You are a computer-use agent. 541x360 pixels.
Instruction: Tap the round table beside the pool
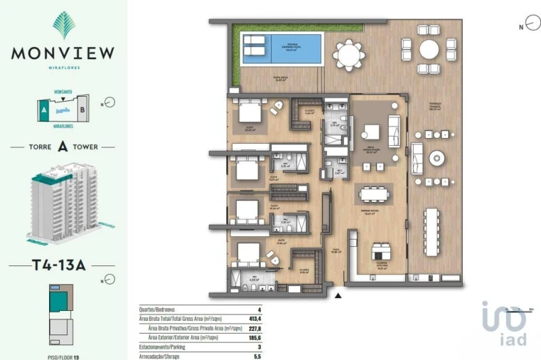[x=349, y=52]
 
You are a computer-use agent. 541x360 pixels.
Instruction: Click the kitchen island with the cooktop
[x=381, y=252]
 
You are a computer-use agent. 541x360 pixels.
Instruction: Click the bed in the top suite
[x=249, y=112]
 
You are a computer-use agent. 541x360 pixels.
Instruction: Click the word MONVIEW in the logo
[x=63, y=52]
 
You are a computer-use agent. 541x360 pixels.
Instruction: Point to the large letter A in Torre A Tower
[x=63, y=148]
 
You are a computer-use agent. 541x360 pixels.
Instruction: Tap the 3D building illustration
[x=63, y=203]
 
